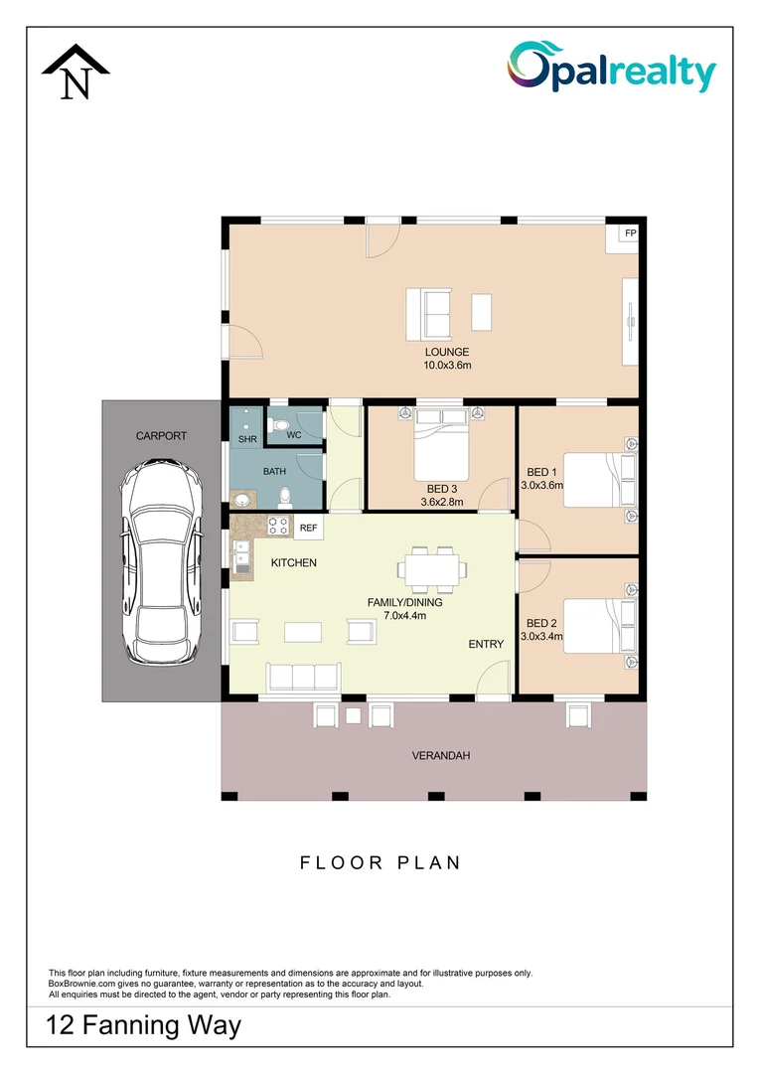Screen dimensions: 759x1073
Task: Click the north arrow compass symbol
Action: (x=76, y=72)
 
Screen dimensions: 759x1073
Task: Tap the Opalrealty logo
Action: (x=611, y=67)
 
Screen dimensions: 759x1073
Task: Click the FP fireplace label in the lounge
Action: (x=630, y=233)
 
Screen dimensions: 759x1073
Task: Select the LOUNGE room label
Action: (x=447, y=352)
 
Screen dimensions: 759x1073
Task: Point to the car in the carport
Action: (x=162, y=561)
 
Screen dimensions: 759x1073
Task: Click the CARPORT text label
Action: (x=162, y=436)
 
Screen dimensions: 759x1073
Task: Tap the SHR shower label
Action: (x=247, y=439)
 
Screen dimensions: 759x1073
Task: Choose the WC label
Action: (x=294, y=435)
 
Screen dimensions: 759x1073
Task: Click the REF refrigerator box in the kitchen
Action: (x=309, y=528)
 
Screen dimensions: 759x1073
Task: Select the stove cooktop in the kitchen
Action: (x=278, y=525)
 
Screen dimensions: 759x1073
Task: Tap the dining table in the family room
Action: (x=432, y=570)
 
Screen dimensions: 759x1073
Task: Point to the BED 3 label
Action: (x=442, y=489)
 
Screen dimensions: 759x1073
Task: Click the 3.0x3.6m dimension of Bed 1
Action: (x=542, y=485)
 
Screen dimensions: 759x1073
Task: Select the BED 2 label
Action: (x=541, y=623)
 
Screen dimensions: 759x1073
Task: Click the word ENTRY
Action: (x=486, y=644)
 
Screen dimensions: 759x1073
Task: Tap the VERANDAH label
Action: (x=441, y=755)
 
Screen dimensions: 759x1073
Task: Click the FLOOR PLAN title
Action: (x=379, y=863)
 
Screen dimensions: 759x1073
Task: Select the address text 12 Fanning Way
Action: (x=143, y=1025)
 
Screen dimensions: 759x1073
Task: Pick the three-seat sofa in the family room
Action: (x=303, y=677)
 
